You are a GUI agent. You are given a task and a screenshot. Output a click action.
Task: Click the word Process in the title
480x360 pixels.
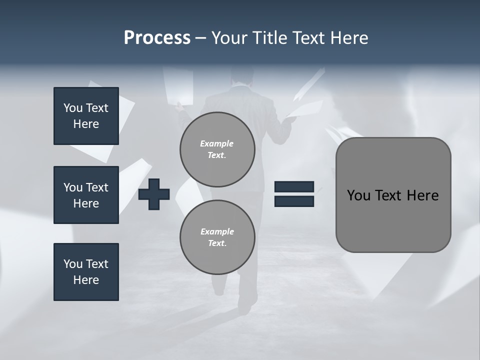coord(157,37)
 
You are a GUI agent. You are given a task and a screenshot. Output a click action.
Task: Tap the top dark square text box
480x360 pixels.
coord(86,116)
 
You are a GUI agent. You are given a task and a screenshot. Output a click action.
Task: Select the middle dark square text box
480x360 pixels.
coord(86,195)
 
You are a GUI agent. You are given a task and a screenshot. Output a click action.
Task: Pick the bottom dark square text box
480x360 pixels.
coord(86,272)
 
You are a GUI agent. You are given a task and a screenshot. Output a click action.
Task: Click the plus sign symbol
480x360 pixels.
coord(154,194)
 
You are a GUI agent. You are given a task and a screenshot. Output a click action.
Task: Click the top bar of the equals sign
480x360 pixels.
coord(294,186)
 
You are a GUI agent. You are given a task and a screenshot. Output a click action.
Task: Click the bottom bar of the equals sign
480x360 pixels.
coord(294,201)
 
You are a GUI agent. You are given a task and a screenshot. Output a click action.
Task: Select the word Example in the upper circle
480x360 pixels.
coord(216,143)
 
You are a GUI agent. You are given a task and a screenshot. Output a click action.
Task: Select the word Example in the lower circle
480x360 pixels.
coord(217,231)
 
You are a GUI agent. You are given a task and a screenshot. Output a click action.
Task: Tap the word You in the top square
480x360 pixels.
coord(72,108)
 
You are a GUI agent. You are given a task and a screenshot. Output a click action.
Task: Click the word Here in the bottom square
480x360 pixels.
coord(86,280)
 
